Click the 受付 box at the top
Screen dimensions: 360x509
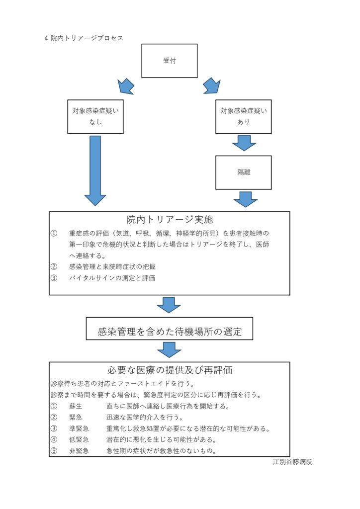coord(169,61)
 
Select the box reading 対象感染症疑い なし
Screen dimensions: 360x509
coord(95,116)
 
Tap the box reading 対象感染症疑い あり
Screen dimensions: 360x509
coord(244,116)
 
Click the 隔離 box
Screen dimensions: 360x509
coord(244,172)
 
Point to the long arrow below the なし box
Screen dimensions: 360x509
coord(95,171)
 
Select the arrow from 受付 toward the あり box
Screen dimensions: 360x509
coord(212,86)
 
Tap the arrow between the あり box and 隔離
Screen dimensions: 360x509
coord(244,143)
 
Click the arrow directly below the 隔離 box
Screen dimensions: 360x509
coord(246,199)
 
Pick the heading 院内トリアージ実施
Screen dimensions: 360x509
coord(170,220)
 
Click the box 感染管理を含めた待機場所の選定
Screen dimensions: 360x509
coord(170,329)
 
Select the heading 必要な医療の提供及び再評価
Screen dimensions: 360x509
coord(170,370)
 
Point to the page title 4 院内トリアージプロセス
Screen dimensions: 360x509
coord(84,38)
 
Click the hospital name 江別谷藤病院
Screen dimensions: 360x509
coord(293,462)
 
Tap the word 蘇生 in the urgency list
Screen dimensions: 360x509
coord(76,407)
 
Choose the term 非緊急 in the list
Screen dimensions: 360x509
coord(79,451)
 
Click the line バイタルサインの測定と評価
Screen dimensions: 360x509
coord(112,278)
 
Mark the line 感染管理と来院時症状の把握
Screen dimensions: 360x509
coord(112,267)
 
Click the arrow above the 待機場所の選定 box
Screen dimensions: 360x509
coord(169,305)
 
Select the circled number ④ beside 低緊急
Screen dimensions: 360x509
coord(54,440)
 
